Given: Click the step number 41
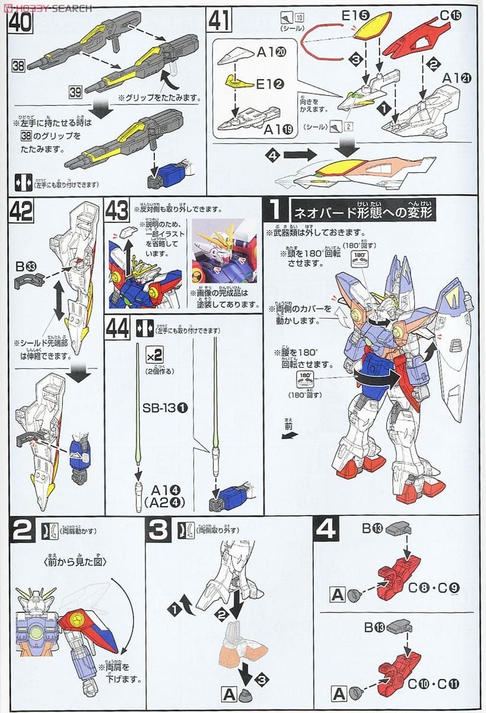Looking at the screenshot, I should pyautogui.click(x=218, y=21).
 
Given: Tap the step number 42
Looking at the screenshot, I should pyautogui.click(x=21, y=212).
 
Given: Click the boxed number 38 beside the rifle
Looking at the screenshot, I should pyautogui.click(x=18, y=67).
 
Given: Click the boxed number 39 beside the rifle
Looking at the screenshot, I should pyautogui.click(x=75, y=92).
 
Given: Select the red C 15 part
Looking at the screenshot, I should pyautogui.click(x=411, y=39).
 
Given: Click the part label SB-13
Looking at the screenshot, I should pyautogui.click(x=159, y=409).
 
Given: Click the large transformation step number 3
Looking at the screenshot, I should pyautogui.click(x=158, y=531).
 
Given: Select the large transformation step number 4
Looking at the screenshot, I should pyautogui.click(x=326, y=531).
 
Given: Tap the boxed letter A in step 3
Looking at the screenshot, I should pyautogui.click(x=228, y=692).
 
